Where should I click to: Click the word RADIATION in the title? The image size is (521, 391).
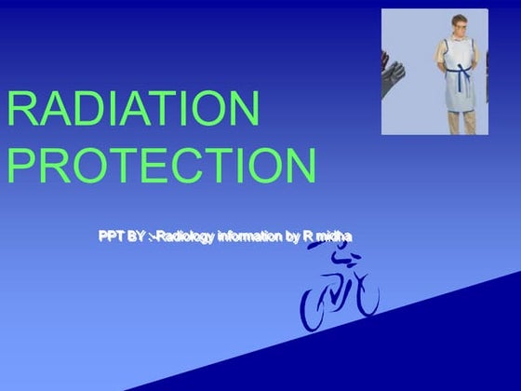133,110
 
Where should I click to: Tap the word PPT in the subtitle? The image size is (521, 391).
111,236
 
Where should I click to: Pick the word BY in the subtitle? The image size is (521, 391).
136,236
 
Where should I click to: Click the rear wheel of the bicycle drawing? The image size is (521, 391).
315,310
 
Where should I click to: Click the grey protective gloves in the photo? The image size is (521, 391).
393,70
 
